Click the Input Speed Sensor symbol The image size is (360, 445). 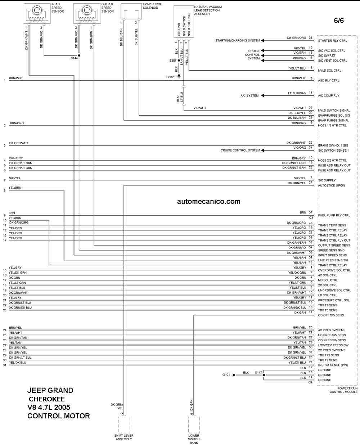coord(37,13)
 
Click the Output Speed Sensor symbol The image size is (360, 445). coord(87,13)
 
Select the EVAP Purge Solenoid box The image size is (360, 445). coord(131,11)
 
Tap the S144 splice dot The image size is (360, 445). coord(79,55)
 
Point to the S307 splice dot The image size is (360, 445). coord(179,60)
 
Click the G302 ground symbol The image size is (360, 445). coord(179,76)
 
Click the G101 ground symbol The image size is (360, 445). coord(234,375)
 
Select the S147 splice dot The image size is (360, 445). coord(264,375)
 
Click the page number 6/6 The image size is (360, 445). coord(339,21)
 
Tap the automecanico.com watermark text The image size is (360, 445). coord(208,201)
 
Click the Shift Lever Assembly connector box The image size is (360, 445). coord(124,424)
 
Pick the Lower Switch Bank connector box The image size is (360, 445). coord(194,424)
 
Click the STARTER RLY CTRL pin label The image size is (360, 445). coord(332,41)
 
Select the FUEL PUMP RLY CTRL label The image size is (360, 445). coord(334,215)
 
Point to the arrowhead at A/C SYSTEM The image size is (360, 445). coord(263,95)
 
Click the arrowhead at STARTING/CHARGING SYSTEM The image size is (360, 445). coord(263,41)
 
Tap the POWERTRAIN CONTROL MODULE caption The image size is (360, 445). coord(343,390)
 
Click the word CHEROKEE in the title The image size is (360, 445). coord(47,399)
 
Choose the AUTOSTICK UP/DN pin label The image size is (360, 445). coord(332,185)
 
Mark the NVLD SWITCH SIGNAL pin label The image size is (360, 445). coord(334,111)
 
